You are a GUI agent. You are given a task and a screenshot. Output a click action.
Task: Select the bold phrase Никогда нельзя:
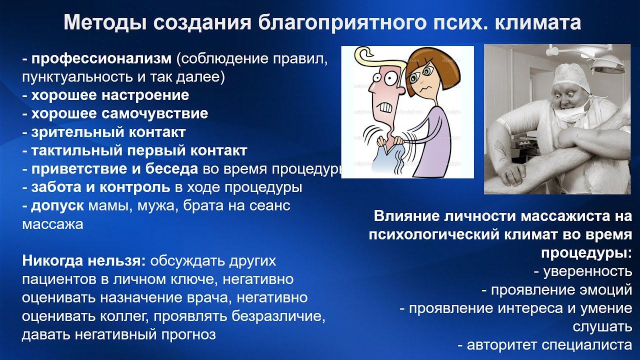click(84, 261)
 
